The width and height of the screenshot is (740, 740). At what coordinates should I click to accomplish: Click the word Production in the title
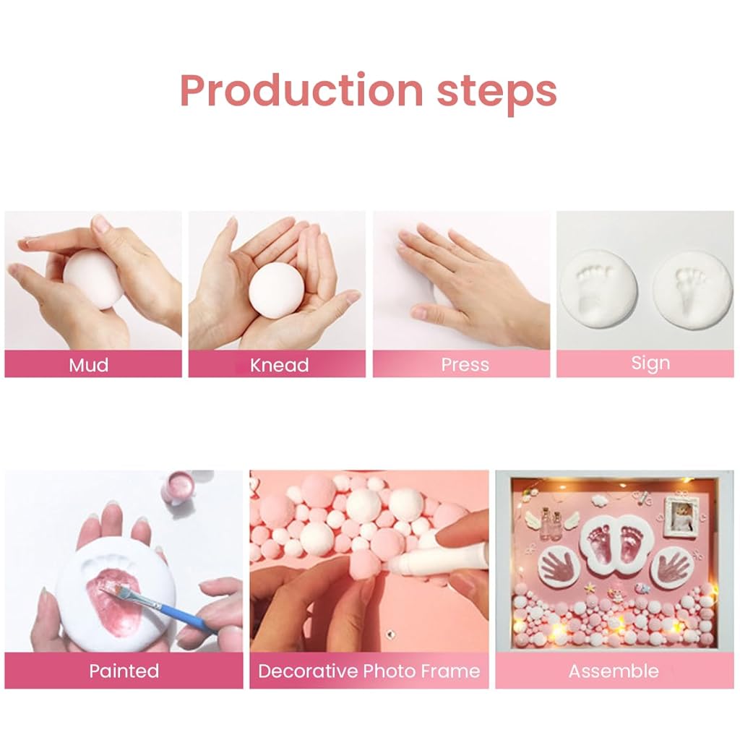[301, 90]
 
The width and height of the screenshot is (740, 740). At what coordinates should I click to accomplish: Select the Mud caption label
[89, 365]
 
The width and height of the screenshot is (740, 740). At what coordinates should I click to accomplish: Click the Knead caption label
[280, 365]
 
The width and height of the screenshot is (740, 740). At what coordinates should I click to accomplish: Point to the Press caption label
[465, 365]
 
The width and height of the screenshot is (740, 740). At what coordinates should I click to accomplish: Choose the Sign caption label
[650, 364]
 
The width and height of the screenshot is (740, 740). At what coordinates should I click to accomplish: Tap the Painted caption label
[124, 671]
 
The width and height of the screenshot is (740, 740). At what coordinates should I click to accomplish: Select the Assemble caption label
[614, 671]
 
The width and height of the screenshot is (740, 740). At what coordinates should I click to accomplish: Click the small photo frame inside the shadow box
[681, 516]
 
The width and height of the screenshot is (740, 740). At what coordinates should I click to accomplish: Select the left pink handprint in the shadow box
[560, 565]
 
